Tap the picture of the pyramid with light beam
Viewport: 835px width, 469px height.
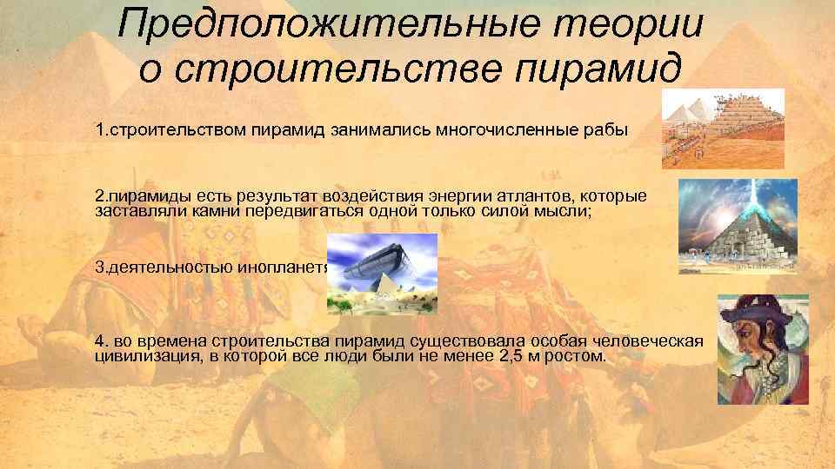725,227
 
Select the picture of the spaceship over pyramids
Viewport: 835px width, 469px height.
382,274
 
